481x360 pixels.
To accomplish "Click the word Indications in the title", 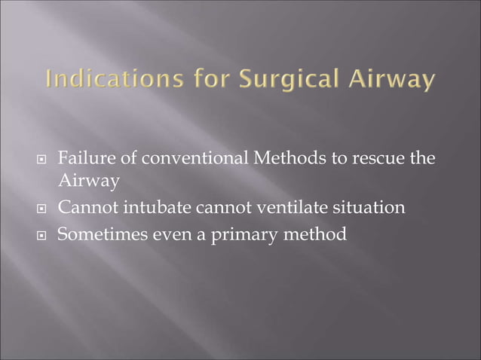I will coord(97,79).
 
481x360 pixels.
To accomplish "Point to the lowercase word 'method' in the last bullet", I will coord(316,233).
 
